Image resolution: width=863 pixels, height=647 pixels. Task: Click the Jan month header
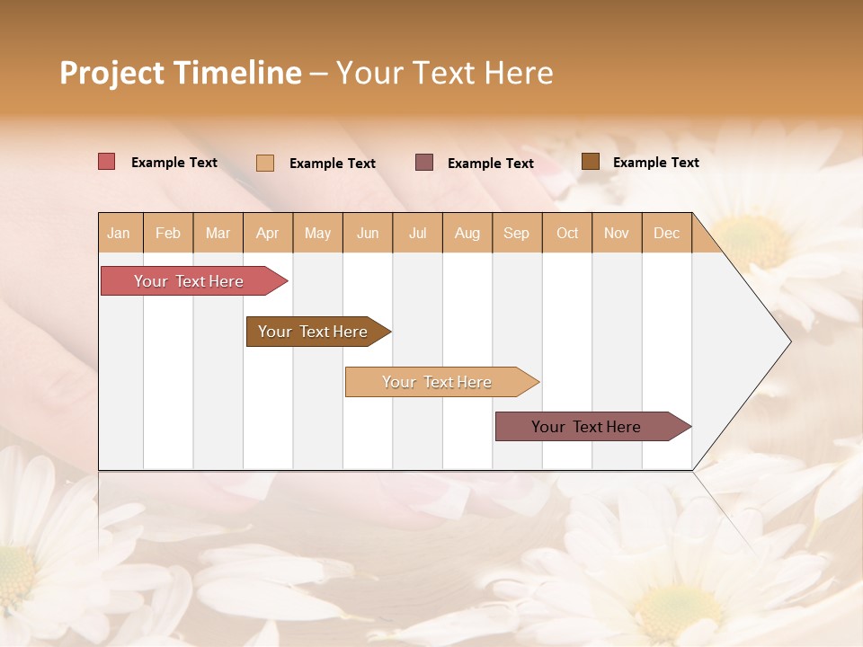[x=120, y=233]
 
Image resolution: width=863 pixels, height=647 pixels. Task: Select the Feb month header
[x=168, y=233]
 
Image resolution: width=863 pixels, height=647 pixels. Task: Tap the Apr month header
[x=268, y=233]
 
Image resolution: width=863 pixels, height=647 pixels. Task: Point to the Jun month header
[x=368, y=233]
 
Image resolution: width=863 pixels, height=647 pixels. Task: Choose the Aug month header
[x=467, y=233]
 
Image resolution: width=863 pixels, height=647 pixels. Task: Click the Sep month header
[x=517, y=233]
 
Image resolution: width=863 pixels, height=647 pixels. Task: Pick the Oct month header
[x=567, y=233]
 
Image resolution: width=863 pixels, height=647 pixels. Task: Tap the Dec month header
[x=667, y=233]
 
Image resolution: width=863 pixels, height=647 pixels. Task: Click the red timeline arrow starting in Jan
[x=190, y=281]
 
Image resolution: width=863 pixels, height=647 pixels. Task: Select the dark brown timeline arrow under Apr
[x=314, y=332]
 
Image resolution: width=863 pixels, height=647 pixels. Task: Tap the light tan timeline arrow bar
[x=438, y=382]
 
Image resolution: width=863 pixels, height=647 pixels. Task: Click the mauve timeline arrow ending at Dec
[x=587, y=427]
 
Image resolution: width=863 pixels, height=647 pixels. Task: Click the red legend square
[x=107, y=162]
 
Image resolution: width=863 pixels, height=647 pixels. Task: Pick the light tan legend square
[x=265, y=163]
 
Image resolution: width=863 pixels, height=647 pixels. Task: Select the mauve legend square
[x=424, y=162]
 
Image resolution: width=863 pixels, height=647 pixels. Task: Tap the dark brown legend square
[x=590, y=162]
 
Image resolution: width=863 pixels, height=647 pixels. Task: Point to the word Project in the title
[x=112, y=73]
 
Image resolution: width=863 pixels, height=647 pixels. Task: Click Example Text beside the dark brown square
[x=655, y=163]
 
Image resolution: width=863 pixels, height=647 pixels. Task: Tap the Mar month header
[x=218, y=233]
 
